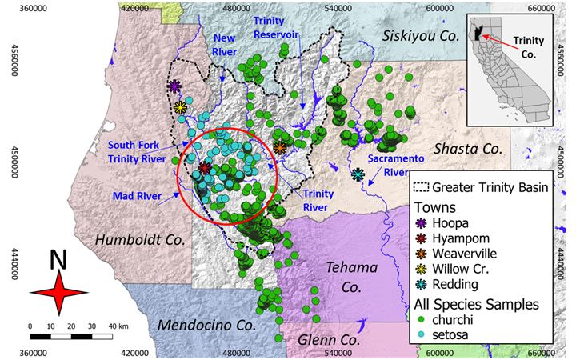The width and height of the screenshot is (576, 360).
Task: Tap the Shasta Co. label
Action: click(465, 148)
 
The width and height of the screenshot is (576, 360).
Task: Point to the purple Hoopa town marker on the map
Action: click(175, 86)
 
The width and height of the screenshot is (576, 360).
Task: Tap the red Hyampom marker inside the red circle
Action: click(206, 168)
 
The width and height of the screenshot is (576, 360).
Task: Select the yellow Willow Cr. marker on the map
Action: click(181, 107)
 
